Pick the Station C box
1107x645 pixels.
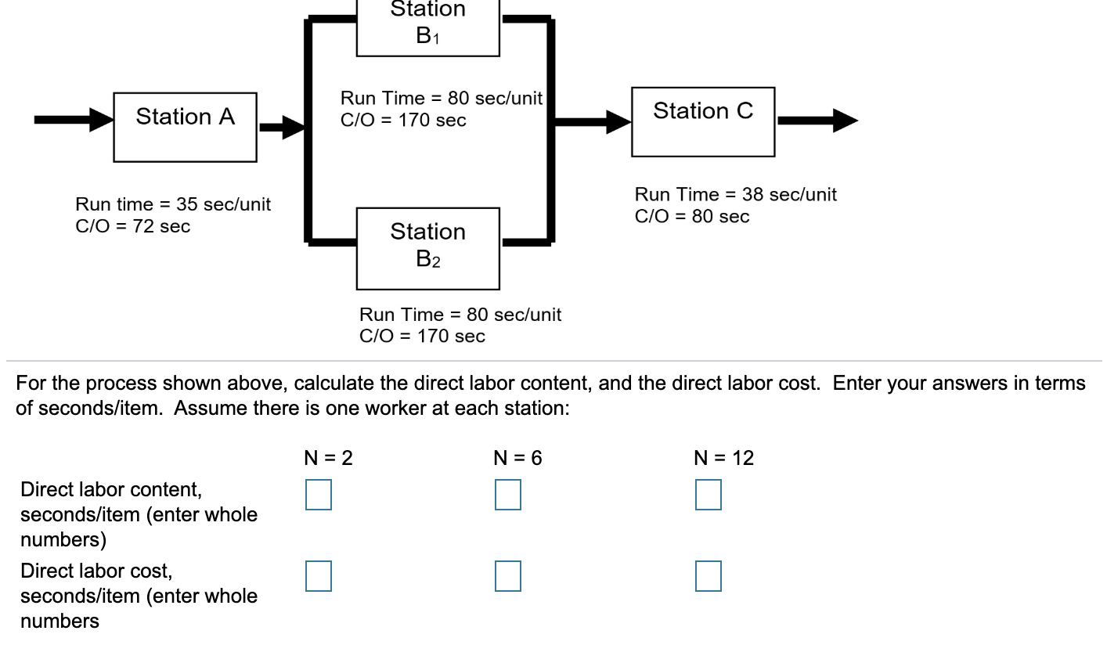(703, 121)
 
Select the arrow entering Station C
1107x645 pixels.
(593, 121)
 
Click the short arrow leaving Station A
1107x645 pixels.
(281, 126)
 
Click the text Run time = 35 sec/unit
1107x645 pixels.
(173, 205)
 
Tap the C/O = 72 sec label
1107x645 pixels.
(132, 227)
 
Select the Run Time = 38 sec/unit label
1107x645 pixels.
(735, 195)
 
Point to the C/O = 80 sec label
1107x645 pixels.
(691, 217)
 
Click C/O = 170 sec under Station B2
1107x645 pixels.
(421, 337)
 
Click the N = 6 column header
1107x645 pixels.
(518, 459)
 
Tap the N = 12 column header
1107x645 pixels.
(724, 459)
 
